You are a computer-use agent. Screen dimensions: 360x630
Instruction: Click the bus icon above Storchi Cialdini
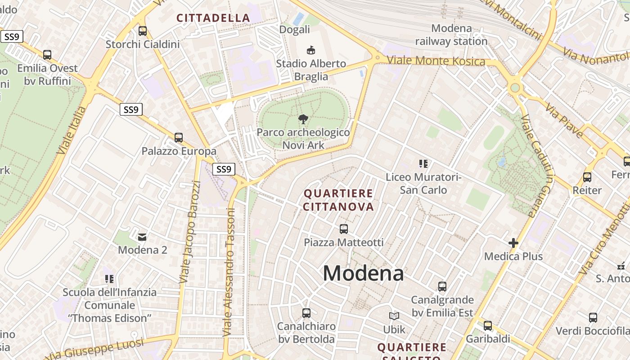tap(143, 31)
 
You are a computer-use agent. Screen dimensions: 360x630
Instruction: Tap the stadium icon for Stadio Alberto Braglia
tap(310, 49)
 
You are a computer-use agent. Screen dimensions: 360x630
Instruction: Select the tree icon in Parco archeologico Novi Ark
tap(303, 119)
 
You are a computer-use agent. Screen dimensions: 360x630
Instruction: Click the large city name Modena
tap(363, 273)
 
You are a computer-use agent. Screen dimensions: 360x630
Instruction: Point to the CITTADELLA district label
tap(213, 18)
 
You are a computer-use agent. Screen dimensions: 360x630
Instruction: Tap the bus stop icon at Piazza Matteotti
tap(344, 229)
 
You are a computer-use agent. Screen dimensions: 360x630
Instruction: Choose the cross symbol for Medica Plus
tap(513, 243)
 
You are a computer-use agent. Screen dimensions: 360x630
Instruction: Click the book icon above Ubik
tap(394, 316)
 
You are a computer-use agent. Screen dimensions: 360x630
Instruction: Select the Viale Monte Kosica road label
tap(436, 61)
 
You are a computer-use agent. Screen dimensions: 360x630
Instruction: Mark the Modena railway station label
tap(451, 35)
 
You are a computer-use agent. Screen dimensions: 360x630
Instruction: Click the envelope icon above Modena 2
tap(142, 237)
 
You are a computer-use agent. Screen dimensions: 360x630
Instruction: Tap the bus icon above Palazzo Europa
tap(179, 138)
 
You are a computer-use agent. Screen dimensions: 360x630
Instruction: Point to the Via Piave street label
tap(564, 120)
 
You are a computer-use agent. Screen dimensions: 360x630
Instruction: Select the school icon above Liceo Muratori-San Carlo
tap(423, 164)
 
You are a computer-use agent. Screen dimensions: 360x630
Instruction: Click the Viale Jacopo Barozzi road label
tap(190, 232)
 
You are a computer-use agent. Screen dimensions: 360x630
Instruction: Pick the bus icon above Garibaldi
tap(488, 326)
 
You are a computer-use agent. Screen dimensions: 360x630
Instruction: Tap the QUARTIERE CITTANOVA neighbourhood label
tap(338, 200)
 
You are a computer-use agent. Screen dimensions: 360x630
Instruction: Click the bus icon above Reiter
tap(587, 177)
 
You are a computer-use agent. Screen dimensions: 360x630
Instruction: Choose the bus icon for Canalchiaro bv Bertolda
tap(306, 313)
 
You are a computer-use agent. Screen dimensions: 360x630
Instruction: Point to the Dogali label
tap(295, 30)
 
